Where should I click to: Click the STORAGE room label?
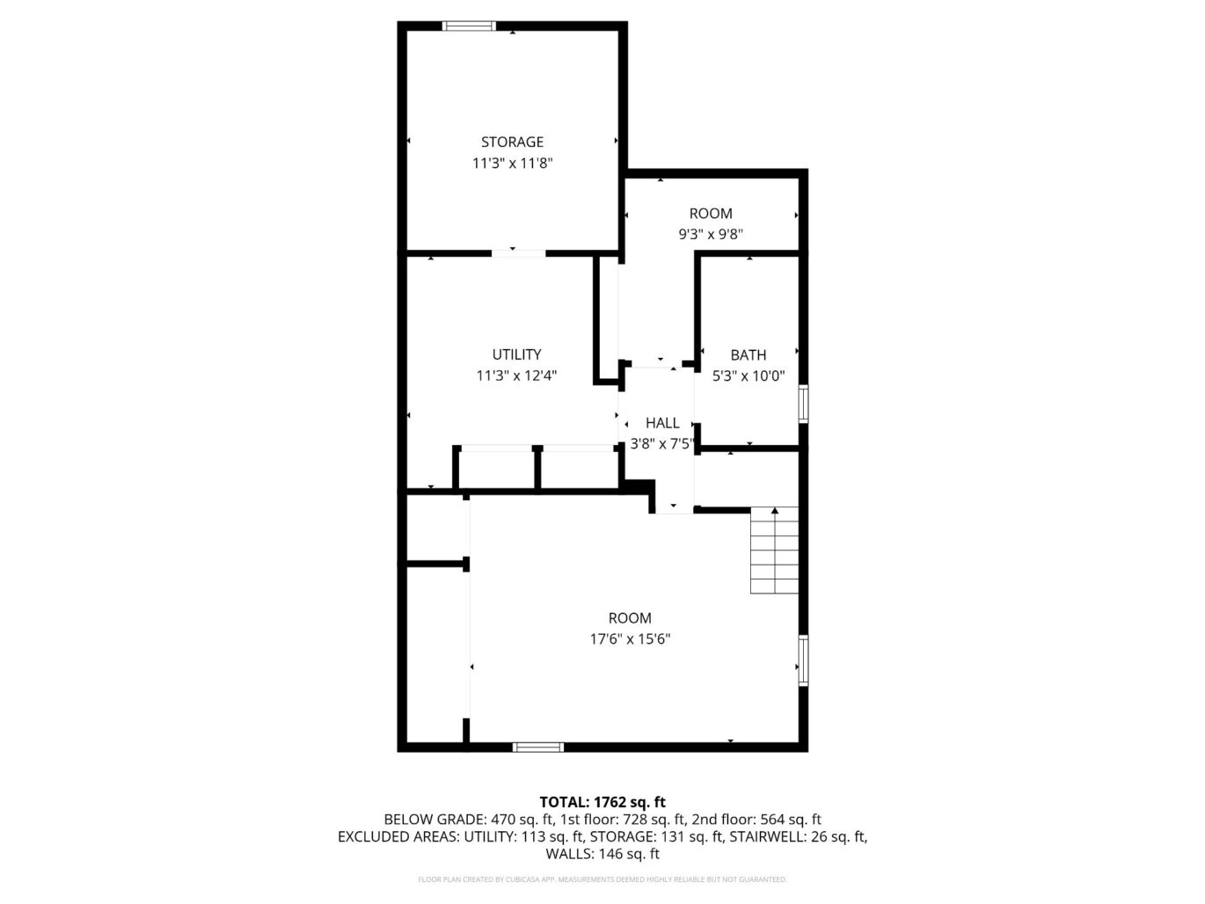[x=512, y=142]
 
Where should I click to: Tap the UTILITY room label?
[x=516, y=354]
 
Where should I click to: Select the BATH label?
[x=748, y=355]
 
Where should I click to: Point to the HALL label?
[x=662, y=423]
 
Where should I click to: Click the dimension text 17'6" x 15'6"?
[x=630, y=639]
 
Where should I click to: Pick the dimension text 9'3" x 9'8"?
[x=711, y=235]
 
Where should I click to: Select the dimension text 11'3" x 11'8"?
[x=512, y=163]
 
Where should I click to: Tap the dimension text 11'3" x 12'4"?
[x=516, y=375]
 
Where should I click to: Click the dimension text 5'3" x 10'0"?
[x=748, y=376]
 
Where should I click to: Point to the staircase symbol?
[x=774, y=550]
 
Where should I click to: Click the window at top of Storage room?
[x=469, y=26]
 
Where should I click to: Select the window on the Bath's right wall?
[x=803, y=404]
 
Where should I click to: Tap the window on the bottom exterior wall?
[x=538, y=747]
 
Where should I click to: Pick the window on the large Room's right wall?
[x=803, y=660]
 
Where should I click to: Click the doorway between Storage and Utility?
[x=518, y=253]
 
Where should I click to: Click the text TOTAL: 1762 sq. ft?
[x=602, y=802]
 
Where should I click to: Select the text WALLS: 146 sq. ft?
[x=602, y=854]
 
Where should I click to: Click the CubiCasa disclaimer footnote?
[x=602, y=879]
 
